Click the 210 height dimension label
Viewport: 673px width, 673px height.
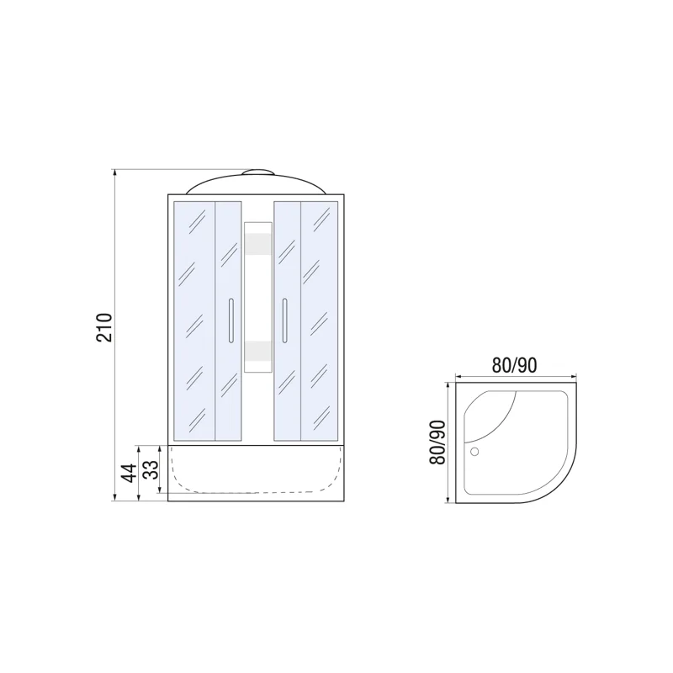(104, 327)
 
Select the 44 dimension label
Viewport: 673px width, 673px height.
(129, 473)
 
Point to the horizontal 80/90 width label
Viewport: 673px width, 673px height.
(515, 365)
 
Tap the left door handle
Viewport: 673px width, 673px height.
(230, 321)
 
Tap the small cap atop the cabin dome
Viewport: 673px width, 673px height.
(257, 174)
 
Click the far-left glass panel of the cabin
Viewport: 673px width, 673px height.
(194, 321)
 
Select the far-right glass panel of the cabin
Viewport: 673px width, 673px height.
(321, 321)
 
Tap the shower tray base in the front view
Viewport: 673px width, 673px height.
(257, 471)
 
